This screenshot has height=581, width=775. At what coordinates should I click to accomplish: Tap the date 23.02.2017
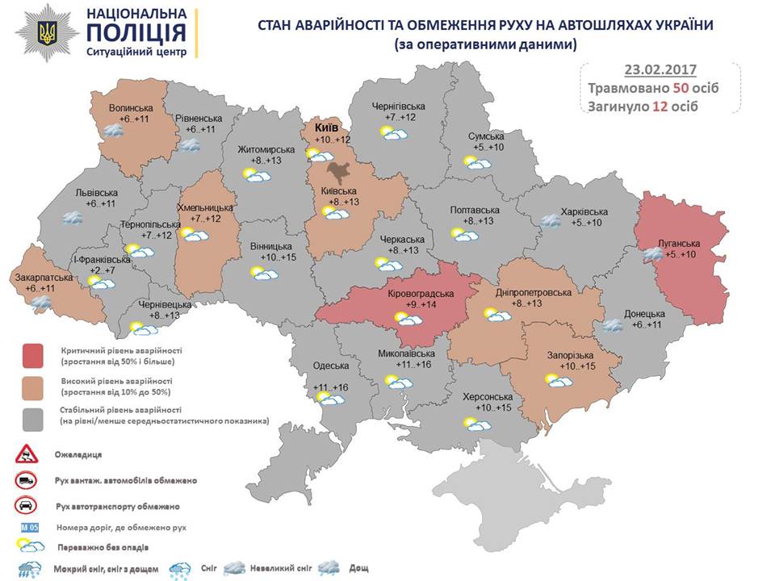[x=660, y=69]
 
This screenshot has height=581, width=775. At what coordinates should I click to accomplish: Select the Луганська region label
[x=677, y=244]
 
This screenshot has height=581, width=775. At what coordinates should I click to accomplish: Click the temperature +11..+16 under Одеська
[x=330, y=388]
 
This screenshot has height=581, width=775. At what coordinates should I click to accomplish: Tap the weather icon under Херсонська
[x=478, y=422]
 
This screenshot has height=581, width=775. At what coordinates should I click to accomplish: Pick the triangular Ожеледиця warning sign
[x=27, y=454]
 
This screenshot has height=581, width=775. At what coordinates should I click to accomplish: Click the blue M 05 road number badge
[x=27, y=528]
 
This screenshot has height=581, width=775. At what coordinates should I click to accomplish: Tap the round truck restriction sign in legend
[x=27, y=480]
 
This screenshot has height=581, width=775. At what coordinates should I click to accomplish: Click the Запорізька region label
[x=571, y=356]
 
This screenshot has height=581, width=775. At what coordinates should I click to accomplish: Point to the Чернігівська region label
[x=398, y=107]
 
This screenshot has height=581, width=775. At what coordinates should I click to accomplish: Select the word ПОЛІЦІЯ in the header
[x=136, y=33]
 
